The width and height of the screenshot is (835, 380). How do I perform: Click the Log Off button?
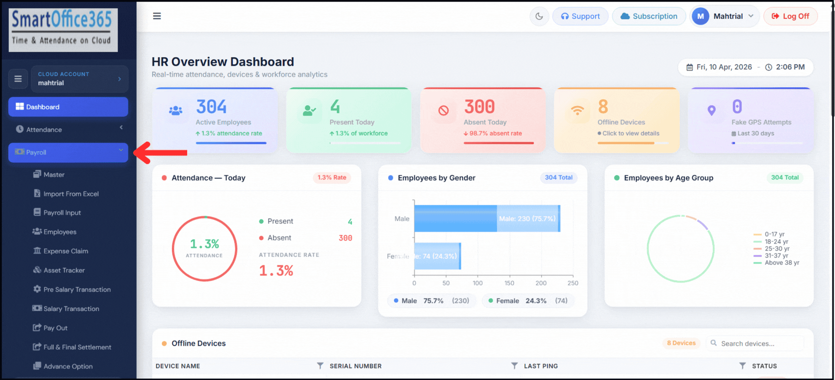click(x=790, y=17)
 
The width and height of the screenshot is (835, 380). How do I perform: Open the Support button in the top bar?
click(x=580, y=17)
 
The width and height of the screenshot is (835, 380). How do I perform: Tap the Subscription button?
click(x=649, y=17)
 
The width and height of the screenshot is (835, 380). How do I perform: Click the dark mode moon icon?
click(x=539, y=17)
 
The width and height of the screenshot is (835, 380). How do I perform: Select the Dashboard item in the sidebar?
click(x=68, y=107)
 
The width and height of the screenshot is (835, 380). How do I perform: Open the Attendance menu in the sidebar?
click(x=68, y=130)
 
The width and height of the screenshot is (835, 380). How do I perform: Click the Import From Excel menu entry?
click(x=71, y=194)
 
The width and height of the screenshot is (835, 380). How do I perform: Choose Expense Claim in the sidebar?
click(x=66, y=251)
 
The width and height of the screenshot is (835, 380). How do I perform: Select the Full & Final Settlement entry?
click(x=77, y=347)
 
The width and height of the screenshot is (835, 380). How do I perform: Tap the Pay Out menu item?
click(x=55, y=328)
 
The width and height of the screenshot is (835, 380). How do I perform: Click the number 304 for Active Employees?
click(x=211, y=107)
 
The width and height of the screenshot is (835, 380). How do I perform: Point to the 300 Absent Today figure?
click(x=480, y=107)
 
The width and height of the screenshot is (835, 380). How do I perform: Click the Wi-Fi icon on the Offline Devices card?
click(x=577, y=111)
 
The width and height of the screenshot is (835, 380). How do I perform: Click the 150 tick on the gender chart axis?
click(x=509, y=283)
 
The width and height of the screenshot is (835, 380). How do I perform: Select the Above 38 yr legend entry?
click(x=781, y=263)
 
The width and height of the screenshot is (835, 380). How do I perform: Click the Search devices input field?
click(x=759, y=344)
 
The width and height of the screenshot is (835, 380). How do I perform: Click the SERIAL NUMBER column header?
click(x=355, y=366)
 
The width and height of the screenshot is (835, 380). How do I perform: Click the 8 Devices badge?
click(x=681, y=343)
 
